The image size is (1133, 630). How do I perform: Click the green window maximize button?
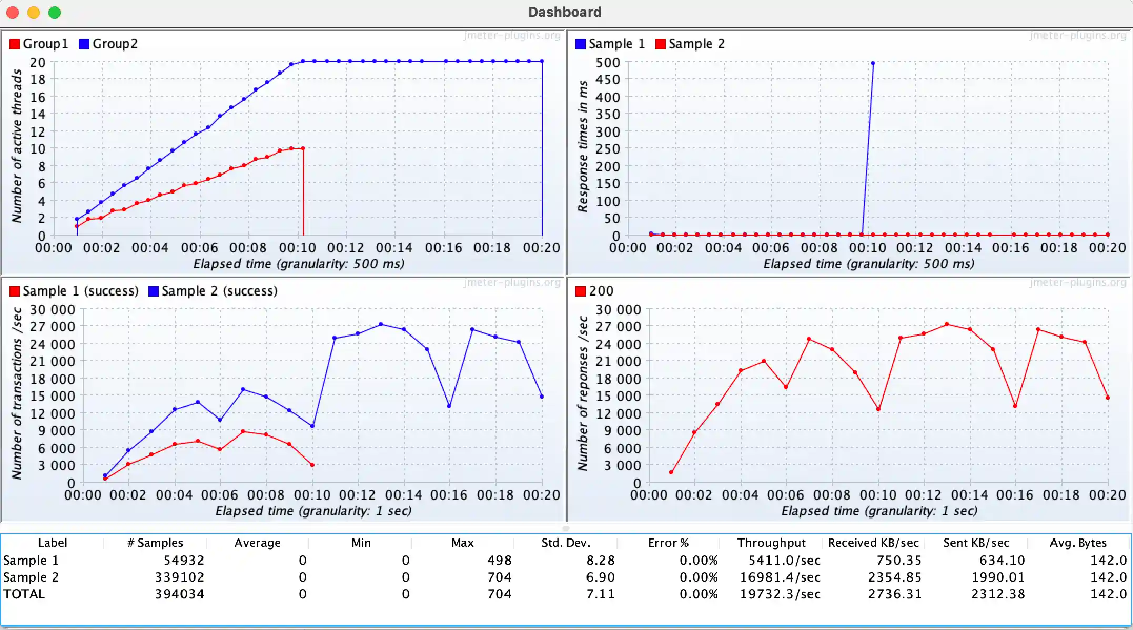pyautogui.click(x=55, y=13)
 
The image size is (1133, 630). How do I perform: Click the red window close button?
pyautogui.click(x=13, y=13)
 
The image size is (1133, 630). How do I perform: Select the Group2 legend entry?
pyautogui.click(x=108, y=44)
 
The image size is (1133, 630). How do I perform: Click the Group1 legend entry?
pyautogui.click(x=39, y=44)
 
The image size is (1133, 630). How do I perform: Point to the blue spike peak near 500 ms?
pyautogui.click(x=873, y=64)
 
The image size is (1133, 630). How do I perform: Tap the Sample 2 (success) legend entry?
pyautogui.click(x=213, y=291)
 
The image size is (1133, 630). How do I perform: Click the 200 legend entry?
pyautogui.click(x=595, y=291)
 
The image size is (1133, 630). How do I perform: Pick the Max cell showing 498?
pyautogui.click(x=499, y=561)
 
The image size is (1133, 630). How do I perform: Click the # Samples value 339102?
pyautogui.click(x=179, y=577)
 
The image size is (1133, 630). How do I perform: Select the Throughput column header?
pyautogui.click(x=771, y=543)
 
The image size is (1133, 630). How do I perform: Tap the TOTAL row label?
pyautogui.click(x=24, y=594)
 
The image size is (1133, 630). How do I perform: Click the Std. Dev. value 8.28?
pyautogui.click(x=600, y=561)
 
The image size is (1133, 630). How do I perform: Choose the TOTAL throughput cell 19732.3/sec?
pyautogui.click(x=780, y=594)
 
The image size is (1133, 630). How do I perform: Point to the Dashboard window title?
pyautogui.click(x=564, y=12)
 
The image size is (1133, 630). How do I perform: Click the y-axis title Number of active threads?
pyautogui.click(x=17, y=146)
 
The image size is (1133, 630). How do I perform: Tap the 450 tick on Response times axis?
pyautogui.click(x=608, y=79)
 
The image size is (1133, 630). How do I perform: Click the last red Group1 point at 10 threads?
pyautogui.click(x=303, y=149)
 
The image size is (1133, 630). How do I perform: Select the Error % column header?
pyautogui.click(x=668, y=543)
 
